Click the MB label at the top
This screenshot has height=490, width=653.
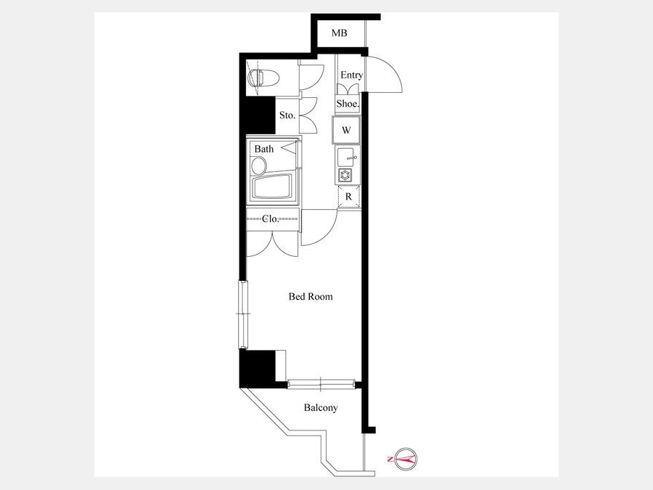[339, 33]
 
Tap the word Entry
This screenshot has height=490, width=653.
[351, 75]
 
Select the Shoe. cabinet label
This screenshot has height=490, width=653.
[348, 104]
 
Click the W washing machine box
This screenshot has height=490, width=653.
[346, 130]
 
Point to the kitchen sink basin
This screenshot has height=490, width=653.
[345, 157]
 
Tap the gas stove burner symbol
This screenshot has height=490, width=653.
[345, 175]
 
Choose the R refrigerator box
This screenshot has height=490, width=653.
[348, 197]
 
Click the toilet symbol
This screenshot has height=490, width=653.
[263, 78]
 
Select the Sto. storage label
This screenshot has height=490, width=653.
[287, 115]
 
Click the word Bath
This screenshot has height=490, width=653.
[264, 149]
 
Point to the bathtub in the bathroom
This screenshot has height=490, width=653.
[271, 187]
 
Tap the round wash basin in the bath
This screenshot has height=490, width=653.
[258, 165]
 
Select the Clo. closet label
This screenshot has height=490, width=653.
[271, 219]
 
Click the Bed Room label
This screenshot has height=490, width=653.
[311, 297]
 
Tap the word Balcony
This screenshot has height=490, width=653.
[321, 407]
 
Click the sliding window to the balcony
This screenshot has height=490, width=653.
[321, 384]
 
